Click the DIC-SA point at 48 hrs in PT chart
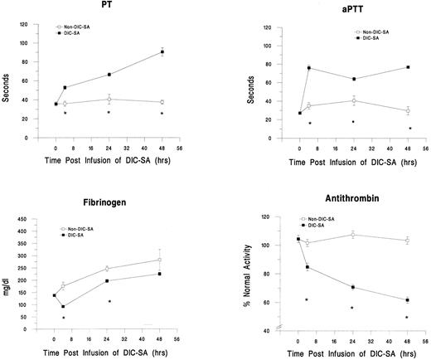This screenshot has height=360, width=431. point(162,52)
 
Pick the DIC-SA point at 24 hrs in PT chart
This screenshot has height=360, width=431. point(109,75)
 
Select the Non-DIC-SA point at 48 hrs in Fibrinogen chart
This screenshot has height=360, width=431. point(159,260)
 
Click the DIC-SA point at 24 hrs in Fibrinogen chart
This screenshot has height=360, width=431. point(108,280)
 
